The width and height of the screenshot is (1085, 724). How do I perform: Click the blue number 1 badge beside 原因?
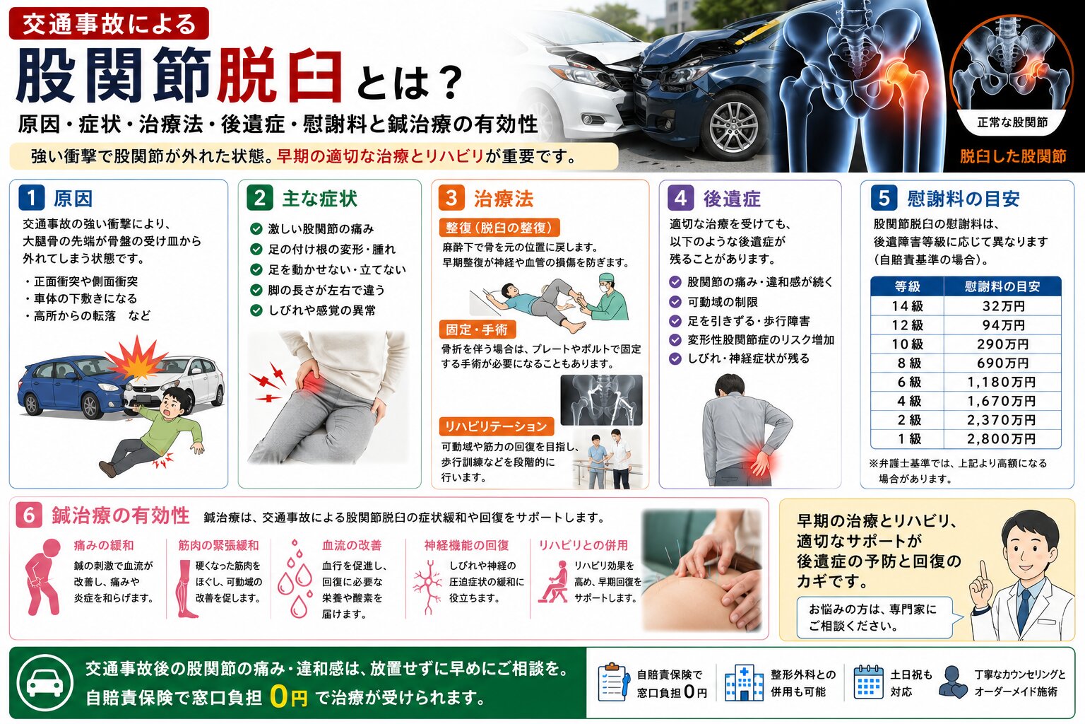point(32,199)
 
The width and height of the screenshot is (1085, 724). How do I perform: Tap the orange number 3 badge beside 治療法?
point(451,199)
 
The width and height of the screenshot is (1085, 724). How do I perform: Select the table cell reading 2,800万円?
point(1001,439)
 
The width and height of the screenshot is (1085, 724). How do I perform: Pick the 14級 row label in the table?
point(907,306)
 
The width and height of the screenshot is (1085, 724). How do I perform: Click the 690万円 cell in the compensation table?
point(1002,363)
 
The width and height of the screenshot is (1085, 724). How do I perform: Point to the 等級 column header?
point(907,286)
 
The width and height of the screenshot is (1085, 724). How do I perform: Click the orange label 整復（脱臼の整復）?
point(499,228)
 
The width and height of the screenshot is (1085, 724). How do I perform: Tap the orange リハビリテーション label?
point(496,426)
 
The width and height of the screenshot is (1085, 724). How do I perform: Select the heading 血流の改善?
point(352,545)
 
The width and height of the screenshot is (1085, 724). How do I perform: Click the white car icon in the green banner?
point(45,683)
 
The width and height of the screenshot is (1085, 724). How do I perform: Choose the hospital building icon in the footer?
point(744,682)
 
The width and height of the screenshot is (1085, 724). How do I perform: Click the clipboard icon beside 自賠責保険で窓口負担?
point(614,682)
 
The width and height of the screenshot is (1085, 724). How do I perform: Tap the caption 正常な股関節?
point(1012,122)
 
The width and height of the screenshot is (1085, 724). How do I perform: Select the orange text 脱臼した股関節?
point(1013,156)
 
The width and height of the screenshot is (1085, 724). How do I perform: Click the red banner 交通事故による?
point(109,24)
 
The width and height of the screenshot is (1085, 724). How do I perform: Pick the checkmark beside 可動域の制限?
point(675,302)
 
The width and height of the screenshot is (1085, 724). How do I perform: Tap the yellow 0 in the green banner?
point(280,696)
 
